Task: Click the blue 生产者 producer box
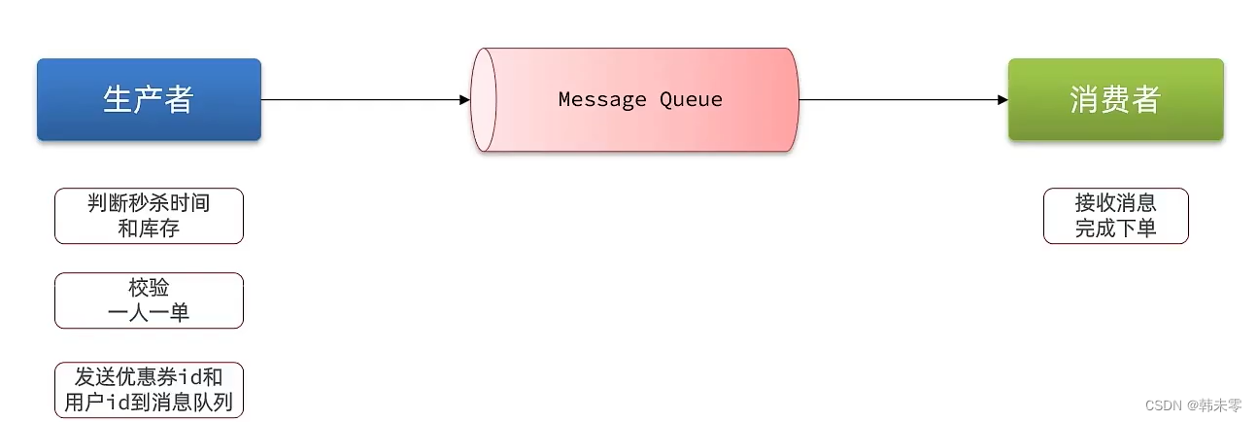coord(149,99)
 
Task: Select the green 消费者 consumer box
coord(1115,99)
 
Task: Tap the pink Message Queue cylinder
coord(636,99)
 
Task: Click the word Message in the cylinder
coord(600,99)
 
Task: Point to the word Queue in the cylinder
coord(691,99)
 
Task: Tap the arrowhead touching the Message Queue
coord(464,99)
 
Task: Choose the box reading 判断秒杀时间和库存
coord(149,216)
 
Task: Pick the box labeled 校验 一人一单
coord(149,300)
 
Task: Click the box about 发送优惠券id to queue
coord(149,390)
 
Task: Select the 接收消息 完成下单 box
coord(1115,216)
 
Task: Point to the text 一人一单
coord(149,313)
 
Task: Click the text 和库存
coord(149,229)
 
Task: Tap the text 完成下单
coord(1115,229)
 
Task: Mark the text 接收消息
coord(1115,203)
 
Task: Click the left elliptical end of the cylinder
coord(483,99)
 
